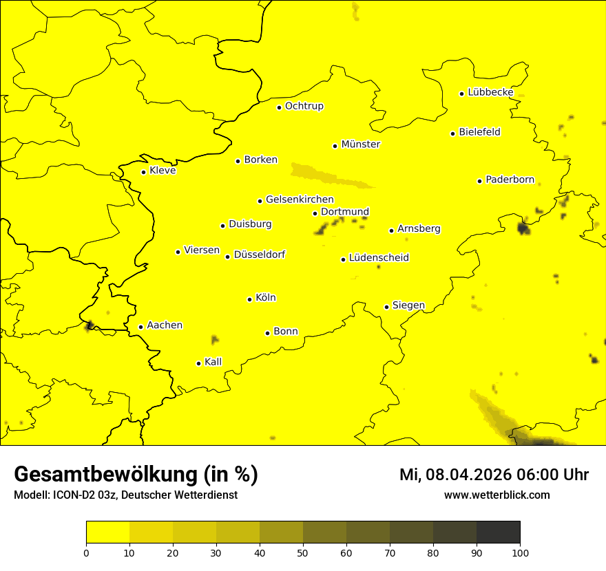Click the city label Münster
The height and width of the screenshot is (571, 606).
click(x=360, y=144)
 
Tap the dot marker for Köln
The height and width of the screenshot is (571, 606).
click(x=249, y=299)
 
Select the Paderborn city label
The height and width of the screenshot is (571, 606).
click(x=510, y=180)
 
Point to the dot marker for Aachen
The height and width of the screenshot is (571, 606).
click(x=140, y=327)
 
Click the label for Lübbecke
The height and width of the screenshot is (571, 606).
click(x=490, y=92)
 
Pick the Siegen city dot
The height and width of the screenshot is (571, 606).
click(x=386, y=307)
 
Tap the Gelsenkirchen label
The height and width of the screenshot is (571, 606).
click(x=300, y=200)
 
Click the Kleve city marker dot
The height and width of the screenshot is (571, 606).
click(x=143, y=172)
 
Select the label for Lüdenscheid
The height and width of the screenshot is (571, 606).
click(x=379, y=258)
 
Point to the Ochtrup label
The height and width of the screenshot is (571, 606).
click(x=304, y=106)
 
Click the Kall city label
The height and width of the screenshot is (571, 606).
click(x=213, y=362)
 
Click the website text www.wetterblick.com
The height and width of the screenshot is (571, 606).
click(x=497, y=495)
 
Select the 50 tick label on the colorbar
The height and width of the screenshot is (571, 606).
click(x=303, y=552)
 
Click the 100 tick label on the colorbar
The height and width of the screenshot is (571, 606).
click(x=520, y=552)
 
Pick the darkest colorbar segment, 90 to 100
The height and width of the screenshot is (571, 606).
click(x=498, y=532)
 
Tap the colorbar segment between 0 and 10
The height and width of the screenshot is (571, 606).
click(x=107, y=532)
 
